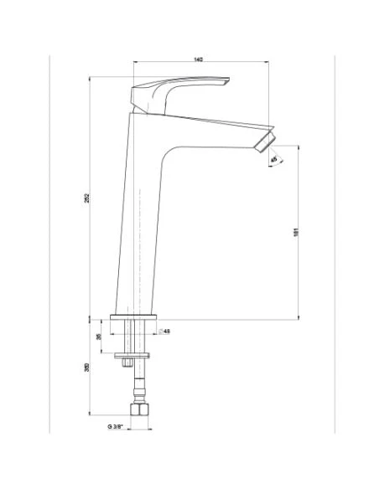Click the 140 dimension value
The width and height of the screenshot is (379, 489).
pyautogui.click(x=199, y=59)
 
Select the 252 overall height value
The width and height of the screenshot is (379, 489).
pyautogui.click(x=86, y=198)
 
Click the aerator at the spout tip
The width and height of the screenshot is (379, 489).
pyautogui.click(x=265, y=141)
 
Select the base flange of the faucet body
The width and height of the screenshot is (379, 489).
pyautogui.click(x=133, y=318)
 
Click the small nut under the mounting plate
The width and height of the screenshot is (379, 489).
pyautogui.click(x=127, y=363)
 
